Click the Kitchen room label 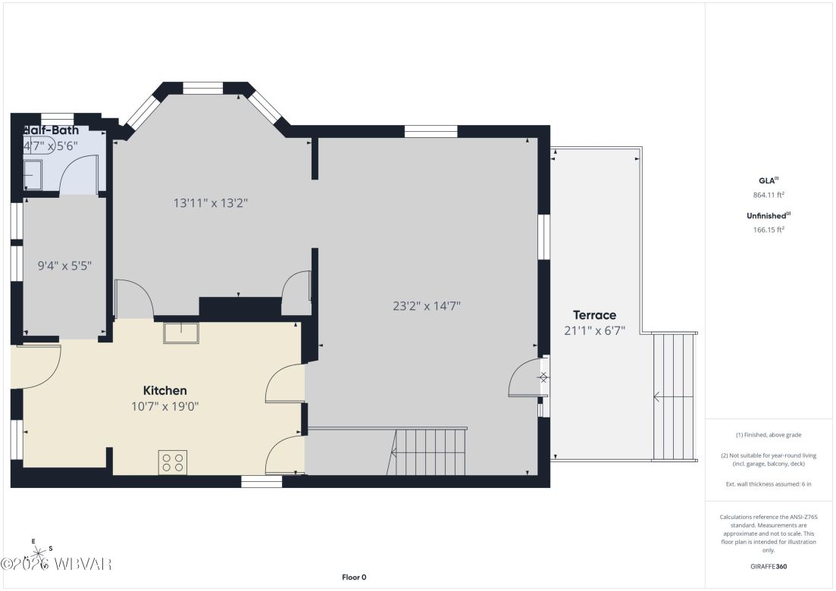(164, 390)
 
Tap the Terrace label (594, 314)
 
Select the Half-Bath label (52, 130)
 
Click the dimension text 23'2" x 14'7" (427, 306)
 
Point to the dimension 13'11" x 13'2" (211, 202)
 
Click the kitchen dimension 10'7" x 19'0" (164, 406)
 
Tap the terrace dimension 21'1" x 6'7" (594, 330)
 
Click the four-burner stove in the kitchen (173, 462)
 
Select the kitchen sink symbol (180, 333)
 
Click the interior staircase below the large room (428, 452)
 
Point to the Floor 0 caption (354, 577)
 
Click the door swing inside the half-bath (77, 173)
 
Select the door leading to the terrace (527, 377)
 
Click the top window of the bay (203, 89)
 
